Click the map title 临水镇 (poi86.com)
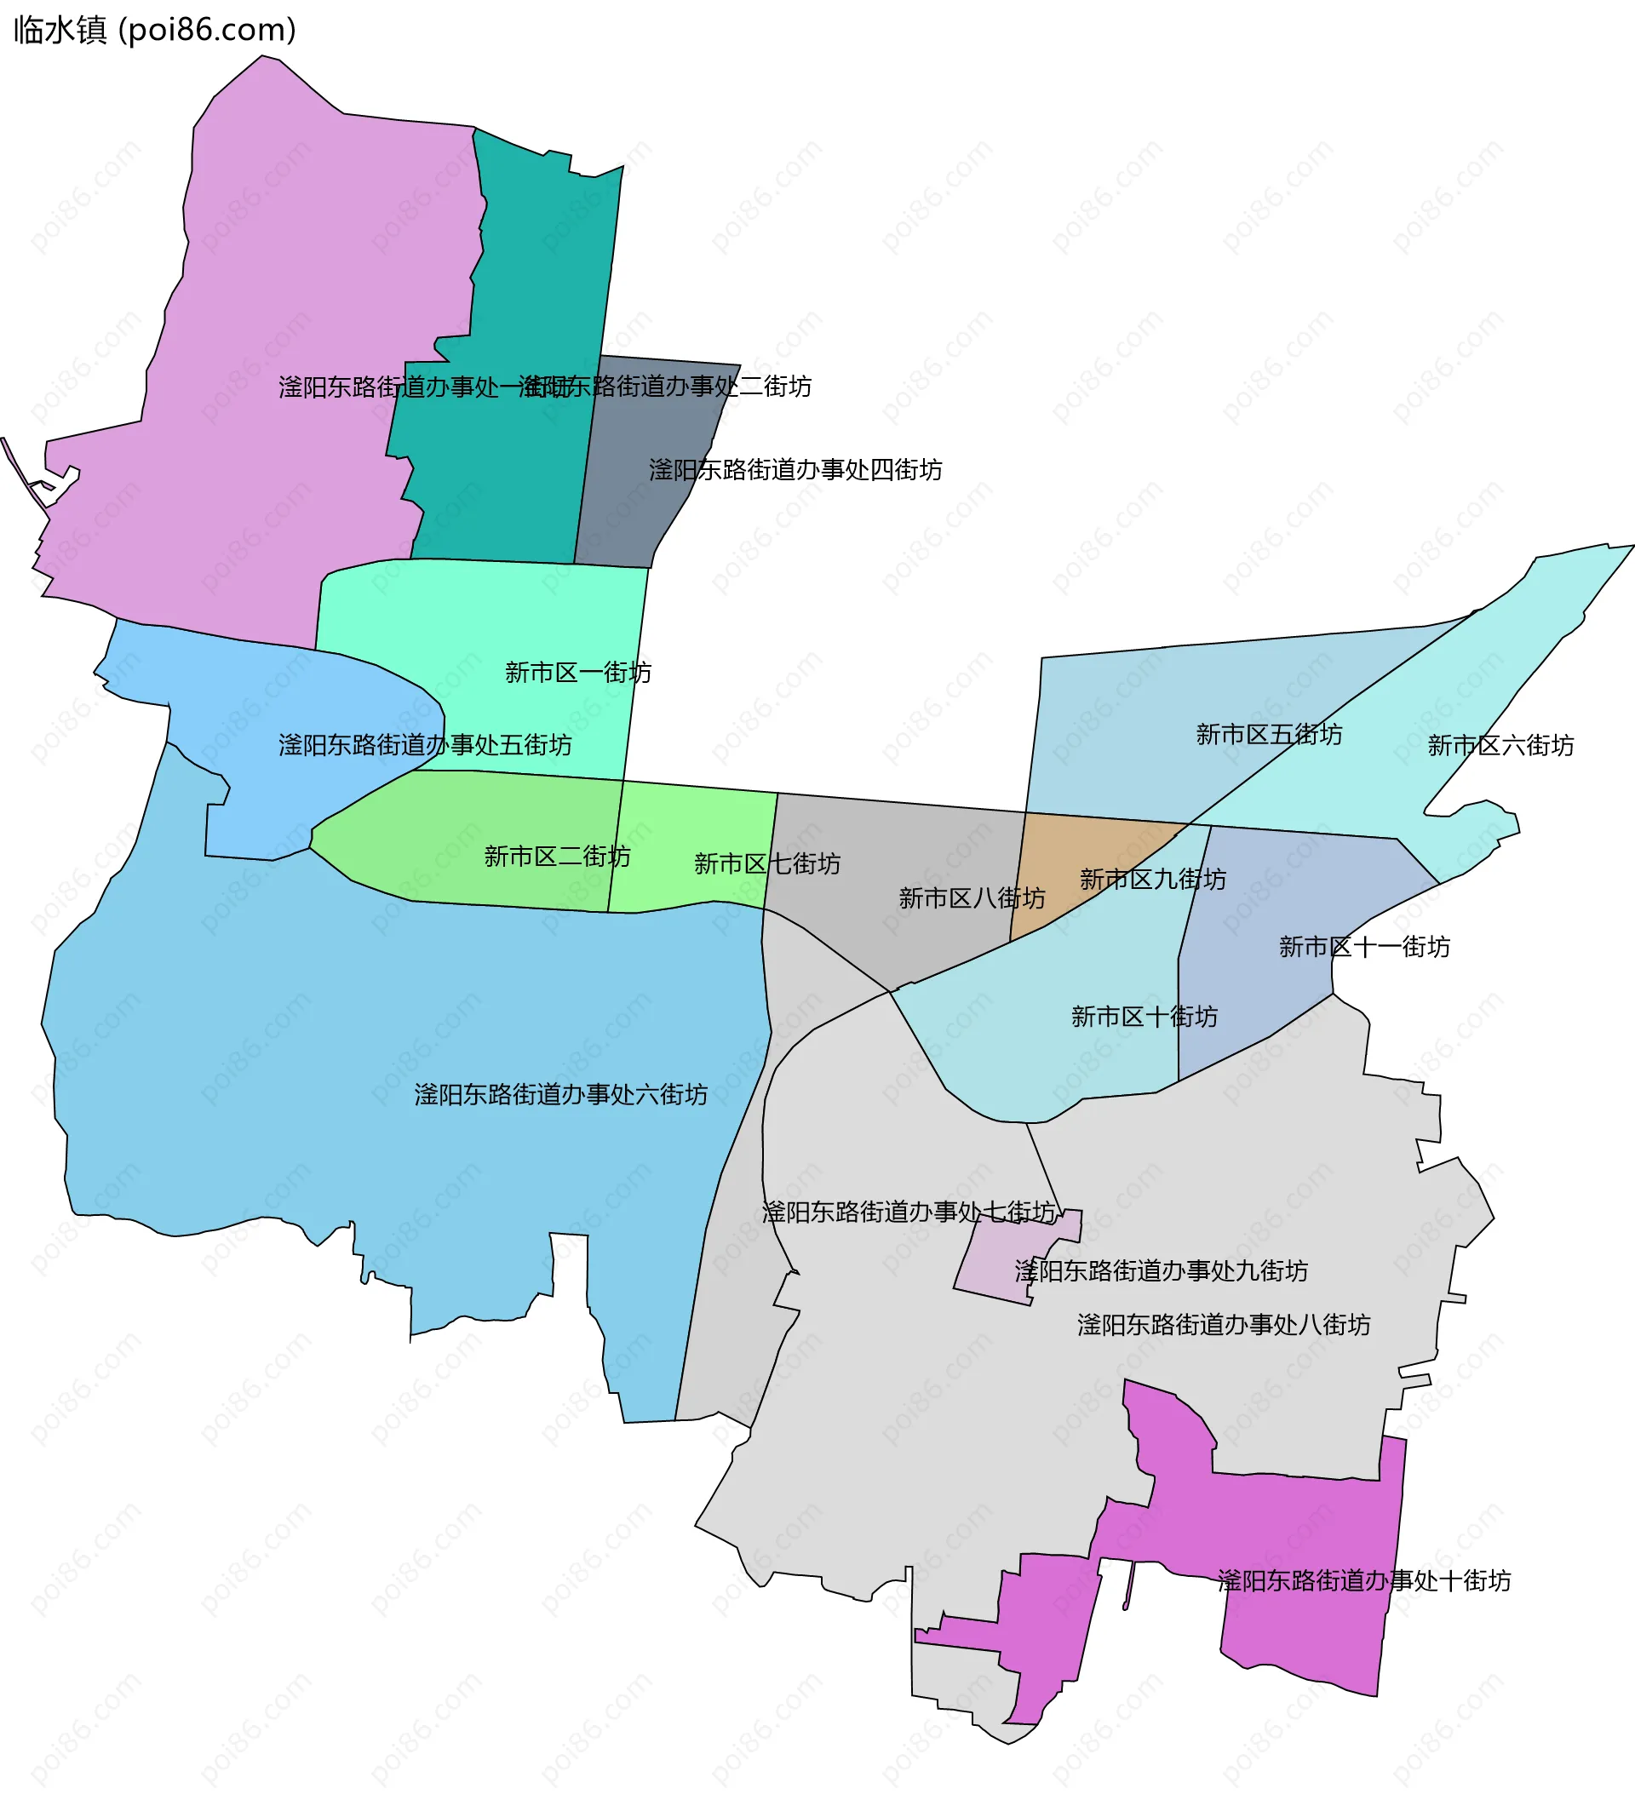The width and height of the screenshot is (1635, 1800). pyautogui.click(x=154, y=31)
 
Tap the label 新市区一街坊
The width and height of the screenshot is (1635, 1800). pyautogui.click(x=577, y=673)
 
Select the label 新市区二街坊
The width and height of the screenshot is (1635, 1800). pyautogui.click(x=556, y=857)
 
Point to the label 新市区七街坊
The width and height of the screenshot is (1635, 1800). pyautogui.click(x=766, y=863)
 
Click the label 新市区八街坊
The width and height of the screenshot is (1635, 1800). pyautogui.click(x=972, y=897)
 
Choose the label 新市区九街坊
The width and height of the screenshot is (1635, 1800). pyautogui.click(x=1152, y=879)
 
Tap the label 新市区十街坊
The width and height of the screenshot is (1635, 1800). pyautogui.click(x=1144, y=1016)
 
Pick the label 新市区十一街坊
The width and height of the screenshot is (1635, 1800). pyautogui.click(x=1363, y=947)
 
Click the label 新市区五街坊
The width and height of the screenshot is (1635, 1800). pyautogui.click(x=1268, y=734)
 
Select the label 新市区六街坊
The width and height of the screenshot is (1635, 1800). pyautogui.click(x=1500, y=745)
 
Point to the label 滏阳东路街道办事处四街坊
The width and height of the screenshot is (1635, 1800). pyautogui.click(x=795, y=470)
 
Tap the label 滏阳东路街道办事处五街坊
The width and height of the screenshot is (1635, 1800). pyautogui.click(x=425, y=745)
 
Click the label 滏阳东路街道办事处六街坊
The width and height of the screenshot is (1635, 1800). pyautogui.click(x=561, y=1094)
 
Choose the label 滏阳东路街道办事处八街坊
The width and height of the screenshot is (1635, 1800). pyautogui.click(x=1224, y=1324)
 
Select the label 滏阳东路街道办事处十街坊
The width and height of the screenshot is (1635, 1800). pyautogui.click(x=1363, y=1580)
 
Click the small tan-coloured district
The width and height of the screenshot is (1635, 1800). pyautogui.click(x=1071, y=857)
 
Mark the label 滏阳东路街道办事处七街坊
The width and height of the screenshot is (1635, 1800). pyautogui.click(x=908, y=1212)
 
